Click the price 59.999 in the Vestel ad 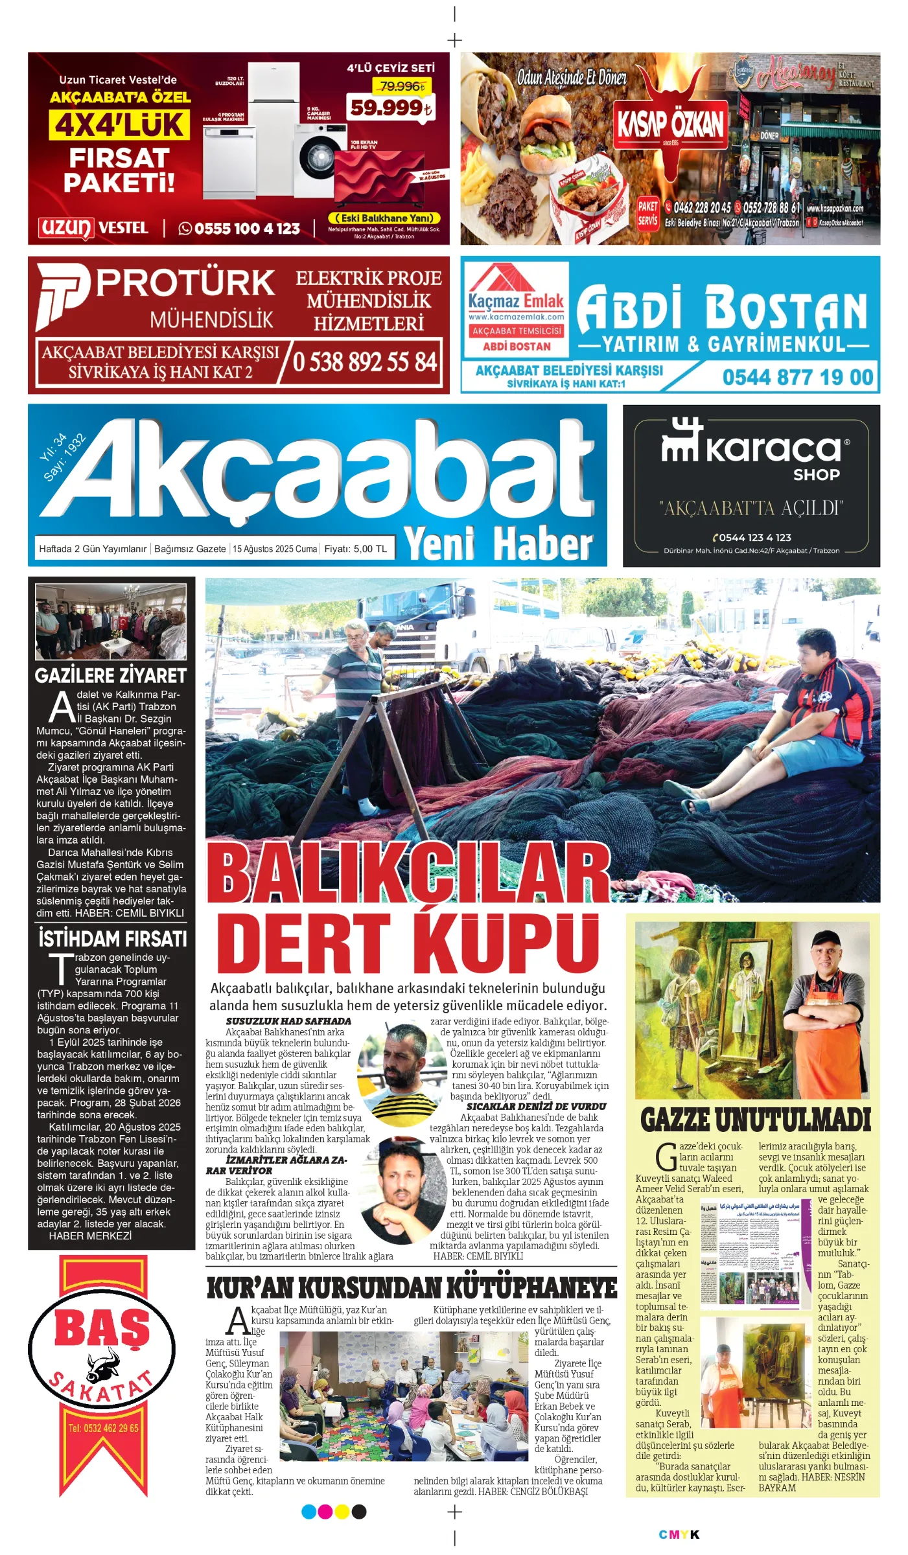click(x=390, y=108)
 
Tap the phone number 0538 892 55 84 click(x=365, y=362)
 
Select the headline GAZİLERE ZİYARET click(x=111, y=676)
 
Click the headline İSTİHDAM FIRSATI click(x=112, y=939)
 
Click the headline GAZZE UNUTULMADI click(x=755, y=1120)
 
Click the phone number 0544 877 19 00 click(x=797, y=377)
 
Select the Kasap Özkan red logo click(x=670, y=124)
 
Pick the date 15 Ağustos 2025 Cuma click(x=275, y=549)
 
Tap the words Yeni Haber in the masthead click(x=498, y=543)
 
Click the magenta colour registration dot click(x=325, y=1512)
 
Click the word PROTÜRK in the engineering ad click(x=186, y=284)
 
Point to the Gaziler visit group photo click(x=111, y=621)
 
